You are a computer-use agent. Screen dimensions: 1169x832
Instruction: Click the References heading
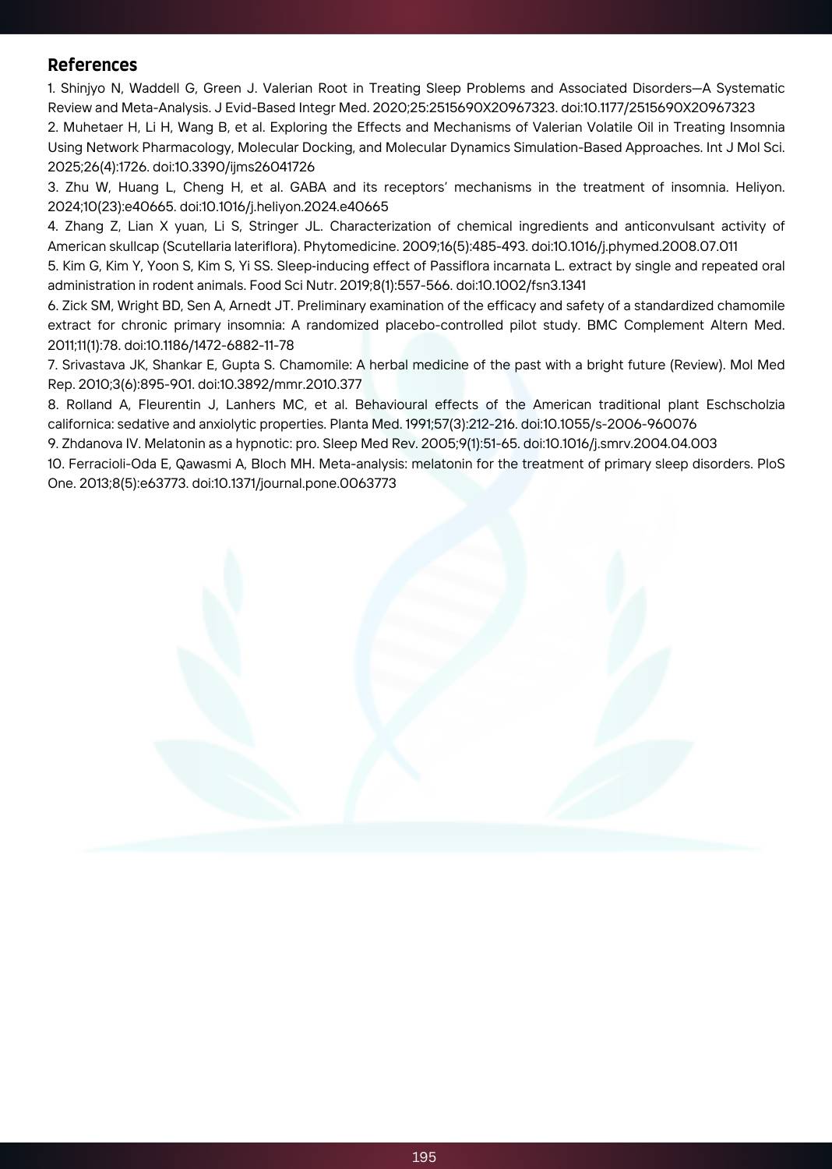click(92, 65)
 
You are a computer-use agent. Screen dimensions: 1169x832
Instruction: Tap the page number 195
click(424, 1157)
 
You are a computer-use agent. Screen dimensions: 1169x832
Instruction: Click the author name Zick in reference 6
click(75, 305)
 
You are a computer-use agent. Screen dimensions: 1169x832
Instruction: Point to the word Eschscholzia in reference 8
click(745, 404)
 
